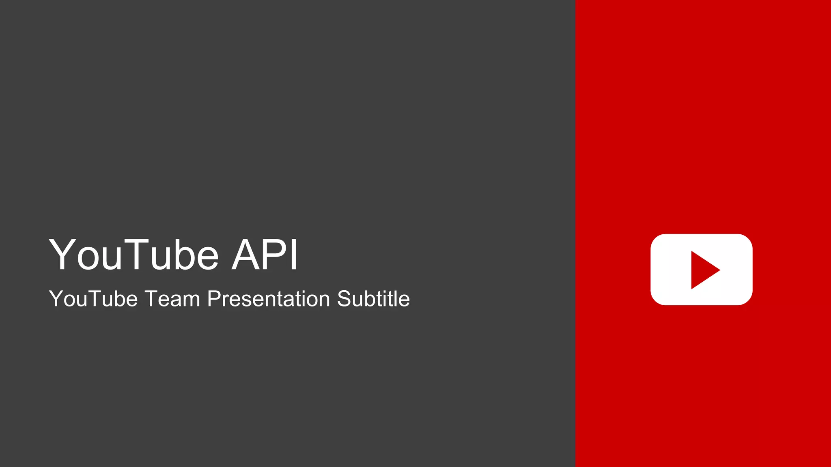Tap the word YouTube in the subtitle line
coord(93,299)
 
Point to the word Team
coord(172,299)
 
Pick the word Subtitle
coord(373,299)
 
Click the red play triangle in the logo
coord(703,270)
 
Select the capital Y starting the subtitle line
coord(56,299)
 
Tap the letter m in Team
coord(192,300)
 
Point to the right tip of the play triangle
coord(719,270)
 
